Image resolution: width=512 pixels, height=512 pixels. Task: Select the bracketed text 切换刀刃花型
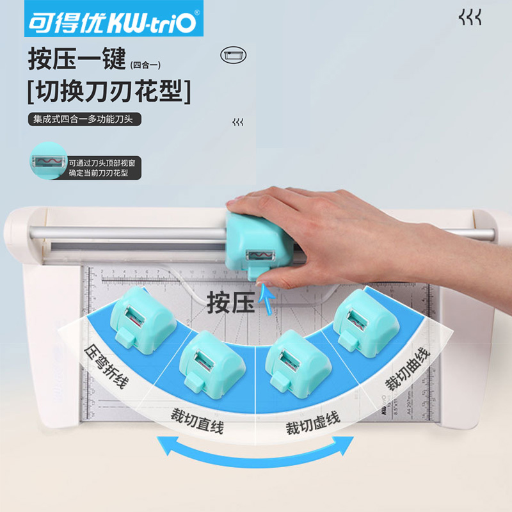point(109,92)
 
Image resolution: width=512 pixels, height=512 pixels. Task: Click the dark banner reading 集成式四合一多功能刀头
point(84,120)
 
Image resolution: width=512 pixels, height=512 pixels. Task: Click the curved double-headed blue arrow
point(256,448)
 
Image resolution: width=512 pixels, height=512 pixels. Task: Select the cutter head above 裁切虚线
point(296,362)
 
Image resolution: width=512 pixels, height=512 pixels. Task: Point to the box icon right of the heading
point(233,55)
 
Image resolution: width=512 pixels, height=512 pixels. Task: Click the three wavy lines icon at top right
point(470,18)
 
